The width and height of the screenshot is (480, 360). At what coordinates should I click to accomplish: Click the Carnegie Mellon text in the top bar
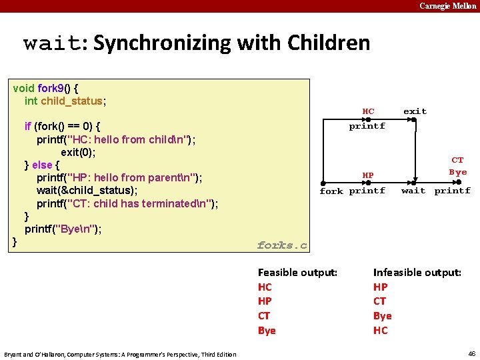click(447, 6)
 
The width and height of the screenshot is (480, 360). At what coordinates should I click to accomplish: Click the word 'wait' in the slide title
click(51, 43)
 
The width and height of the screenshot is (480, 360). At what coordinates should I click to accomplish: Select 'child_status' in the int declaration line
click(71, 101)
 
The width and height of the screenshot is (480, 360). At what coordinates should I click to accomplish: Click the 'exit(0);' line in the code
click(78, 152)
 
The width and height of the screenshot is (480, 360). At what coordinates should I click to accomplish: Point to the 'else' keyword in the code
click(42, 165)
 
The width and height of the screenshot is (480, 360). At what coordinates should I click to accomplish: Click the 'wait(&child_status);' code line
click(87, 190)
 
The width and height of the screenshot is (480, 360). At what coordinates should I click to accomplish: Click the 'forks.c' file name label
click(282, 245)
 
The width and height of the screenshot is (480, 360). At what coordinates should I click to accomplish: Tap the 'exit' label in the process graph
click(415, 111)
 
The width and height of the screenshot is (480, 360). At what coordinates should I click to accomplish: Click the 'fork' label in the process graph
click(331, 191)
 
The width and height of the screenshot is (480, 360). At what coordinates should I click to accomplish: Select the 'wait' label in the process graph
click(413, 191)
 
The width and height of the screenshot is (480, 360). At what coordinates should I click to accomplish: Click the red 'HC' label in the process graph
click(368, 111)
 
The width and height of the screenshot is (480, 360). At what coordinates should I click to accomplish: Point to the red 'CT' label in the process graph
click(457, 160)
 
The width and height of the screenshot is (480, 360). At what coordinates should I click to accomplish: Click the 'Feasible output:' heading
click(297, 272)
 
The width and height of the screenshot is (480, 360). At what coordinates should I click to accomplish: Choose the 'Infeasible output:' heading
click(417, 272)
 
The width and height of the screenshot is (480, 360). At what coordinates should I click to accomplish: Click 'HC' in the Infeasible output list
click(380, 330)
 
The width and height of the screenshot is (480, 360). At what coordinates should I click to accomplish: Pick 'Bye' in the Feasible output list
click(267, 330)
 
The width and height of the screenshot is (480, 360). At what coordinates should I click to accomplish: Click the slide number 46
click(472, 353)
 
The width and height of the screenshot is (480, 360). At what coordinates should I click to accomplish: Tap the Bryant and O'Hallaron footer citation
click(120, 354)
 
